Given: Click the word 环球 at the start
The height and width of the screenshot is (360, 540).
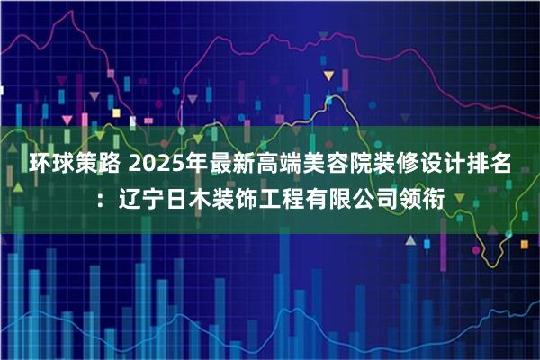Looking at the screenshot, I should (53, 165).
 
